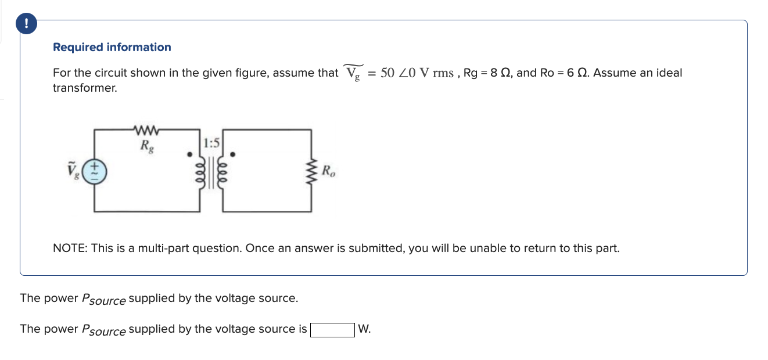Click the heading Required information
pyautogui.click(x=112, y=47)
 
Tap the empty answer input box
pyautogui.click(x=332, y=330)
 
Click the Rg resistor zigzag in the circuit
pyautogui.click(x=142, y=129)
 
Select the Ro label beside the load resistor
pyautogui.click(x=328, y=172)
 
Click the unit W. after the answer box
pyautogui.click(x=364, y=329)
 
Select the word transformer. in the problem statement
pyautogui.click(x=85, y=88)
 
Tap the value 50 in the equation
pyautogui.click(x=387, y=73)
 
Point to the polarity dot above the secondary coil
pyautogui.click(x=233, y=155)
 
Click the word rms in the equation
pyautogui.click(x=443, y=73)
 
